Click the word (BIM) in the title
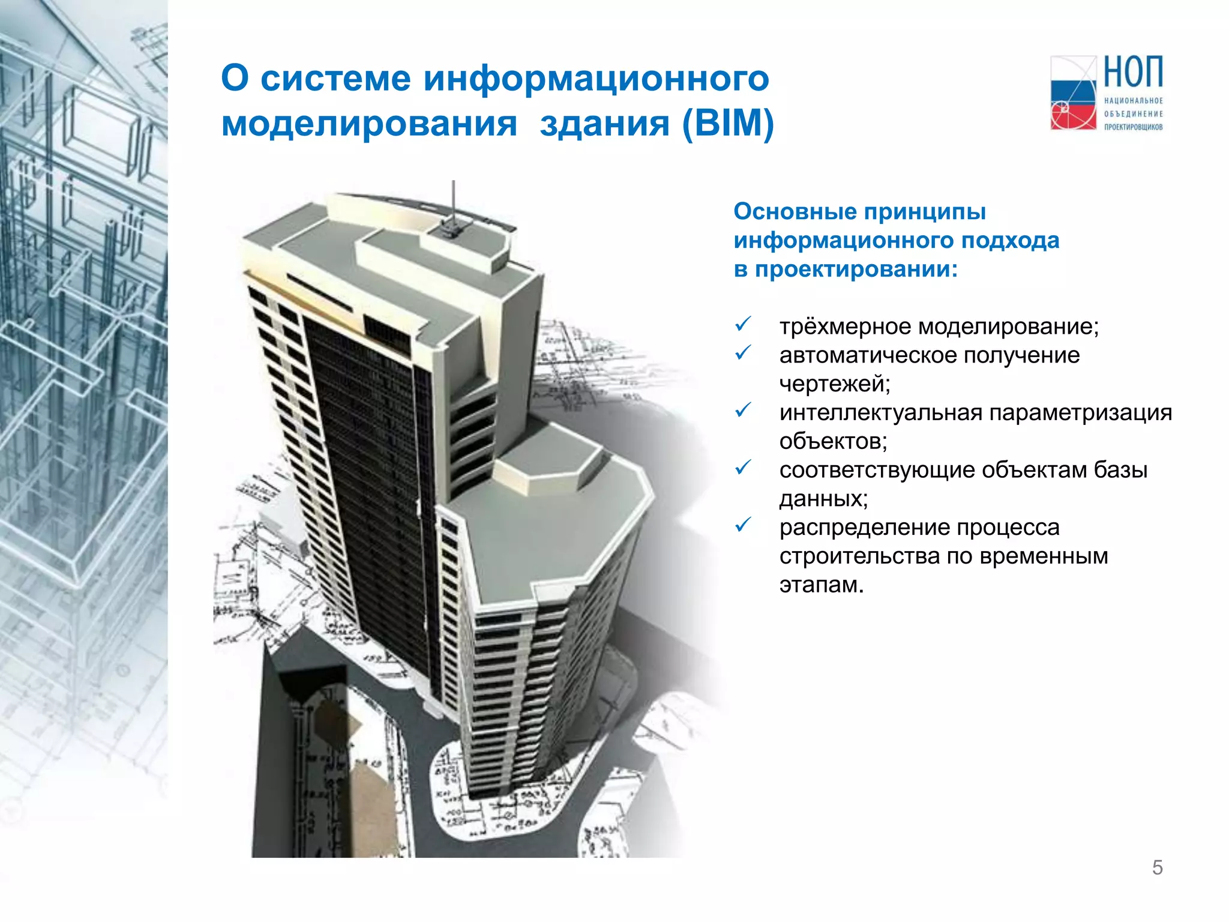point(728,124)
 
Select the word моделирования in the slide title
point(369,124)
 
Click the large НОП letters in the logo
point(1133,73)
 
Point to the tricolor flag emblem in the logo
point(1073,94)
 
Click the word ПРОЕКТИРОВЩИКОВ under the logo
point(1133,127)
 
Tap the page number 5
point(1157,867)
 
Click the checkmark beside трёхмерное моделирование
point(743,325)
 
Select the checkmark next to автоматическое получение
point(743,353)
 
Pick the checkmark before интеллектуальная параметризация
point(743,411)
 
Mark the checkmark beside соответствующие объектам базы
point(743,468)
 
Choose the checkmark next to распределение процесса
point(743,525)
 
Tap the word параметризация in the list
point(1080,414)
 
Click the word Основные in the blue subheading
point(795,212)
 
